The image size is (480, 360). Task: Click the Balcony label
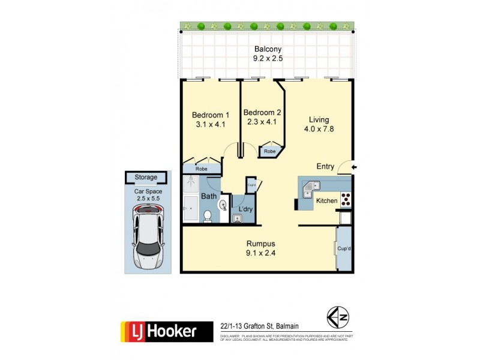268,49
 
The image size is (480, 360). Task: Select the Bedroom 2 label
262,112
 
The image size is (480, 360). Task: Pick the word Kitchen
327,201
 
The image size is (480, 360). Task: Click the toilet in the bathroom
207,215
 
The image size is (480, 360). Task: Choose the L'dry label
245,209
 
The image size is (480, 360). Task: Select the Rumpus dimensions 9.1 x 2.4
260,253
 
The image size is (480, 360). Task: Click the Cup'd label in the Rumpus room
344,248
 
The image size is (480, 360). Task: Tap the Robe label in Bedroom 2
270,152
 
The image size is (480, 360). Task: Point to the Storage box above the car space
146,178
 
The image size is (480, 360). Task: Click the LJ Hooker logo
167,331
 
